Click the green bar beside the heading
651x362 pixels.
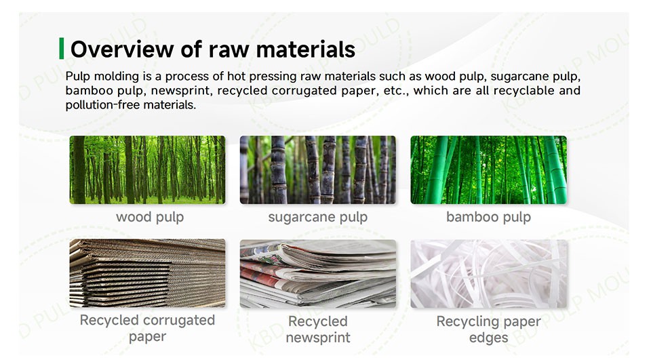62,48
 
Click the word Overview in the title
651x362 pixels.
121,49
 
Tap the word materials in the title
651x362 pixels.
306,49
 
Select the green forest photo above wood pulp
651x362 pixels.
147,169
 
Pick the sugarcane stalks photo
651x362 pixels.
318,169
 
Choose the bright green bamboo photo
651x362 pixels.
489,169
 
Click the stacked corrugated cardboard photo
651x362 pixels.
147,273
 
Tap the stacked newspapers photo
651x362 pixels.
318,274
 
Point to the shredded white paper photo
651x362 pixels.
489,274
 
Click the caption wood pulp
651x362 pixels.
150,217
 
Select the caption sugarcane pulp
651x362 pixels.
318,217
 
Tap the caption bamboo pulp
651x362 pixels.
489,217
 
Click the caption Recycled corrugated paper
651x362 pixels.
147,328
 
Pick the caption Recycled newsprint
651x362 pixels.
318,329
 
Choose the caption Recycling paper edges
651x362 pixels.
489,329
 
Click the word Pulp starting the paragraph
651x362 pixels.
78,77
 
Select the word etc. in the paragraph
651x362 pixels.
396,91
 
